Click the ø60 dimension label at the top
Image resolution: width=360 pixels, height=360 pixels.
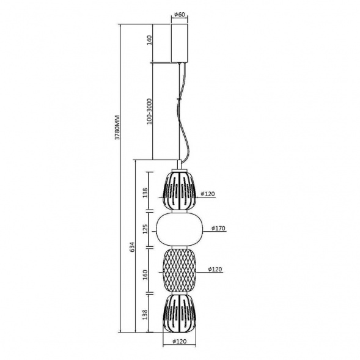coord(180,15)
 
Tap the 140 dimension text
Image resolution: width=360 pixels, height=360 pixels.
coord(150,40)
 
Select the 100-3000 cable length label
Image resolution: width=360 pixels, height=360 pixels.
coord(150,111)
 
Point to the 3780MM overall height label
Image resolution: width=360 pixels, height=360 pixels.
coord(117,127)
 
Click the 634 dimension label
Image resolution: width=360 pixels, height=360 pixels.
coord(132,247)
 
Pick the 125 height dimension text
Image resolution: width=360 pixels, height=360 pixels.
coord(145,229)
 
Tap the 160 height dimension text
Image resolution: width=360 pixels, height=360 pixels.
coord(145,274)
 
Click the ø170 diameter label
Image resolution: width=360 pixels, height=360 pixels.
coord(218,228)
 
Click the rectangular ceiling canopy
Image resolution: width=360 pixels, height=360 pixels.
coord(180,43)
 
